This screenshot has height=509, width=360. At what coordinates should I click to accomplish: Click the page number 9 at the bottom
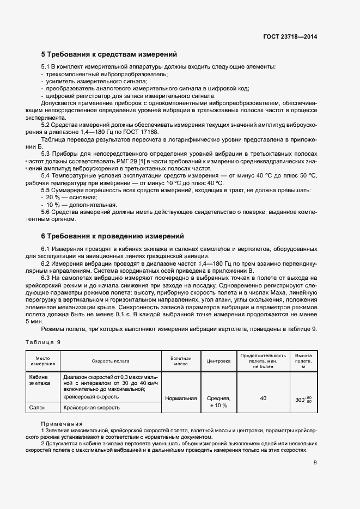pyautogui.click(x=315, y=463)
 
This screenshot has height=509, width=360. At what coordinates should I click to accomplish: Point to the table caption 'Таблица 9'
pyautogui.click(x=44, y=342)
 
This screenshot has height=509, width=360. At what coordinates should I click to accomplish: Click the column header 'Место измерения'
pyautogui.click(x=43, y=360)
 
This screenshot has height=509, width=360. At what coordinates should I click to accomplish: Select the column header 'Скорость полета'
pyautogui.click(x=111, y=360)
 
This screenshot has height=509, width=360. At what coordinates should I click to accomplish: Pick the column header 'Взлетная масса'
pyautogui.click(x=181, y=360)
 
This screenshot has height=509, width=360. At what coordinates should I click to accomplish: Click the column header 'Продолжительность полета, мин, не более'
pyautogui.click(x=263, y=360)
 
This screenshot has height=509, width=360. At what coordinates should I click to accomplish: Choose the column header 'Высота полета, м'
pyautogui.click(x=303, y=360)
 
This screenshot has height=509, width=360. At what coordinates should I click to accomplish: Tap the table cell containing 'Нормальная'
pyautogui.click(x=181, y=398)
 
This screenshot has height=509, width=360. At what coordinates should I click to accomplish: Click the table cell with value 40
pyautogui.click(x=263, y=398)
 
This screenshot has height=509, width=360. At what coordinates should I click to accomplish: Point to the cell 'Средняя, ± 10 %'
pyautogui.click(x=219, y=402)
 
